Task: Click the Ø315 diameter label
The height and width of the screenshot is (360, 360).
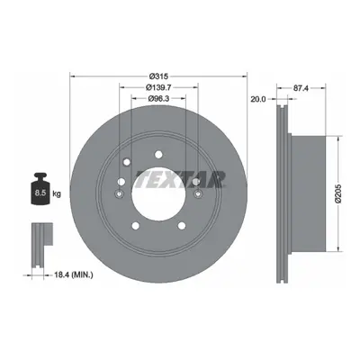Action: (x=158, y=76)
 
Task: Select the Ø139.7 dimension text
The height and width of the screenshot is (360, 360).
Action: (x=158, y=87)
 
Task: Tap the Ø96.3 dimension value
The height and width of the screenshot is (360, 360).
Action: (x=158, y=98)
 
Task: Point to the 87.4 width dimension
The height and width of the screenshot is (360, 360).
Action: (x=301, y=88)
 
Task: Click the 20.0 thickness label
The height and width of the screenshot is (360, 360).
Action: (x=258, y=99)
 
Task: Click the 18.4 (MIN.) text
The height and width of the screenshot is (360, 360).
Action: (x=73, y=274)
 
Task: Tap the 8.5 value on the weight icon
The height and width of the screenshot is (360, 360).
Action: (x=40, y=193)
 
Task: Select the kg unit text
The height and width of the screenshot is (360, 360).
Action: (x=57, y=193)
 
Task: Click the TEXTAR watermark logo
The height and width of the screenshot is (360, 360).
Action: (x=181, y=179)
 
